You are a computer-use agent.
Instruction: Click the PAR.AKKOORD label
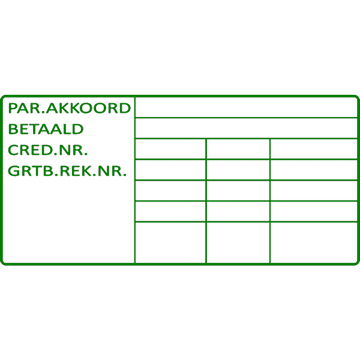pyautogui.click(x=68, y=109)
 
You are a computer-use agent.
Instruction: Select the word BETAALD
pyautogui.click(x=46, y=129)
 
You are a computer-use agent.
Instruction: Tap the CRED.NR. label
pyautogui.click(x=47, y=150)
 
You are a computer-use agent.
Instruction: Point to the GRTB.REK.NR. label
pyautogui.click(x=67, y=171)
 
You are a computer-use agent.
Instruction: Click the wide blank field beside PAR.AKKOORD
pyautogui.click(x=246, y=108)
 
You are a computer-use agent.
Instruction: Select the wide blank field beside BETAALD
pyautogui.click(x=246, y=128)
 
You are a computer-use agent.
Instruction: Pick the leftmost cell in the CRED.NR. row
pyautogui.click(x=170, y=149)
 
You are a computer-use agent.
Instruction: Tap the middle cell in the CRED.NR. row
pyautogui.click(x=238, y=149)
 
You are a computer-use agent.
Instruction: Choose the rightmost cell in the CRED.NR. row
pyautogui.click(x=314, y=149)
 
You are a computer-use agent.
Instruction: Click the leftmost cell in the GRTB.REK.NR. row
pyautogui.click(x=170, y=170)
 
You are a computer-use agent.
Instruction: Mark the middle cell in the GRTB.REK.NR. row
pyautogui.click(x=238, y=170)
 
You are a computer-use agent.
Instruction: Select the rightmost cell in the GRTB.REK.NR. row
pyautogui.click(x=314, y=170)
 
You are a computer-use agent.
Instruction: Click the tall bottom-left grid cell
pyautogui.click(x=170, y=242)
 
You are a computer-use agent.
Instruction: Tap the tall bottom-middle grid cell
pyautogui.click(x=238, y=242)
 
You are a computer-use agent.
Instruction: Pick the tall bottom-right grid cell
pyautogui.click(x=314, y=242)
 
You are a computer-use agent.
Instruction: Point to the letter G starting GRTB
pyautogui.click(x=13, y=171)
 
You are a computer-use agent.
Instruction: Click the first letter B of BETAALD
pyautogui.click(x=12, y=129)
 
